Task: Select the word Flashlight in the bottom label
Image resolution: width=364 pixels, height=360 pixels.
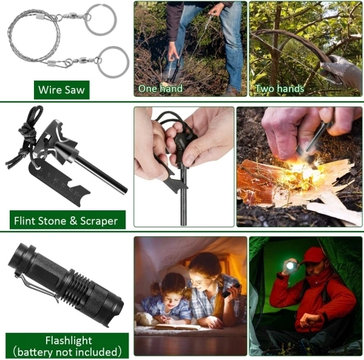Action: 69,340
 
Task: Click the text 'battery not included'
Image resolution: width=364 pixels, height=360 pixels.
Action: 69,352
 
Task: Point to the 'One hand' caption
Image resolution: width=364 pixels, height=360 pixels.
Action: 160,89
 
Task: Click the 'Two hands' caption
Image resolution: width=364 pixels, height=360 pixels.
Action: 280,89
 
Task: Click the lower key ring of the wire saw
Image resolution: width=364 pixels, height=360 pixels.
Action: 113,62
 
